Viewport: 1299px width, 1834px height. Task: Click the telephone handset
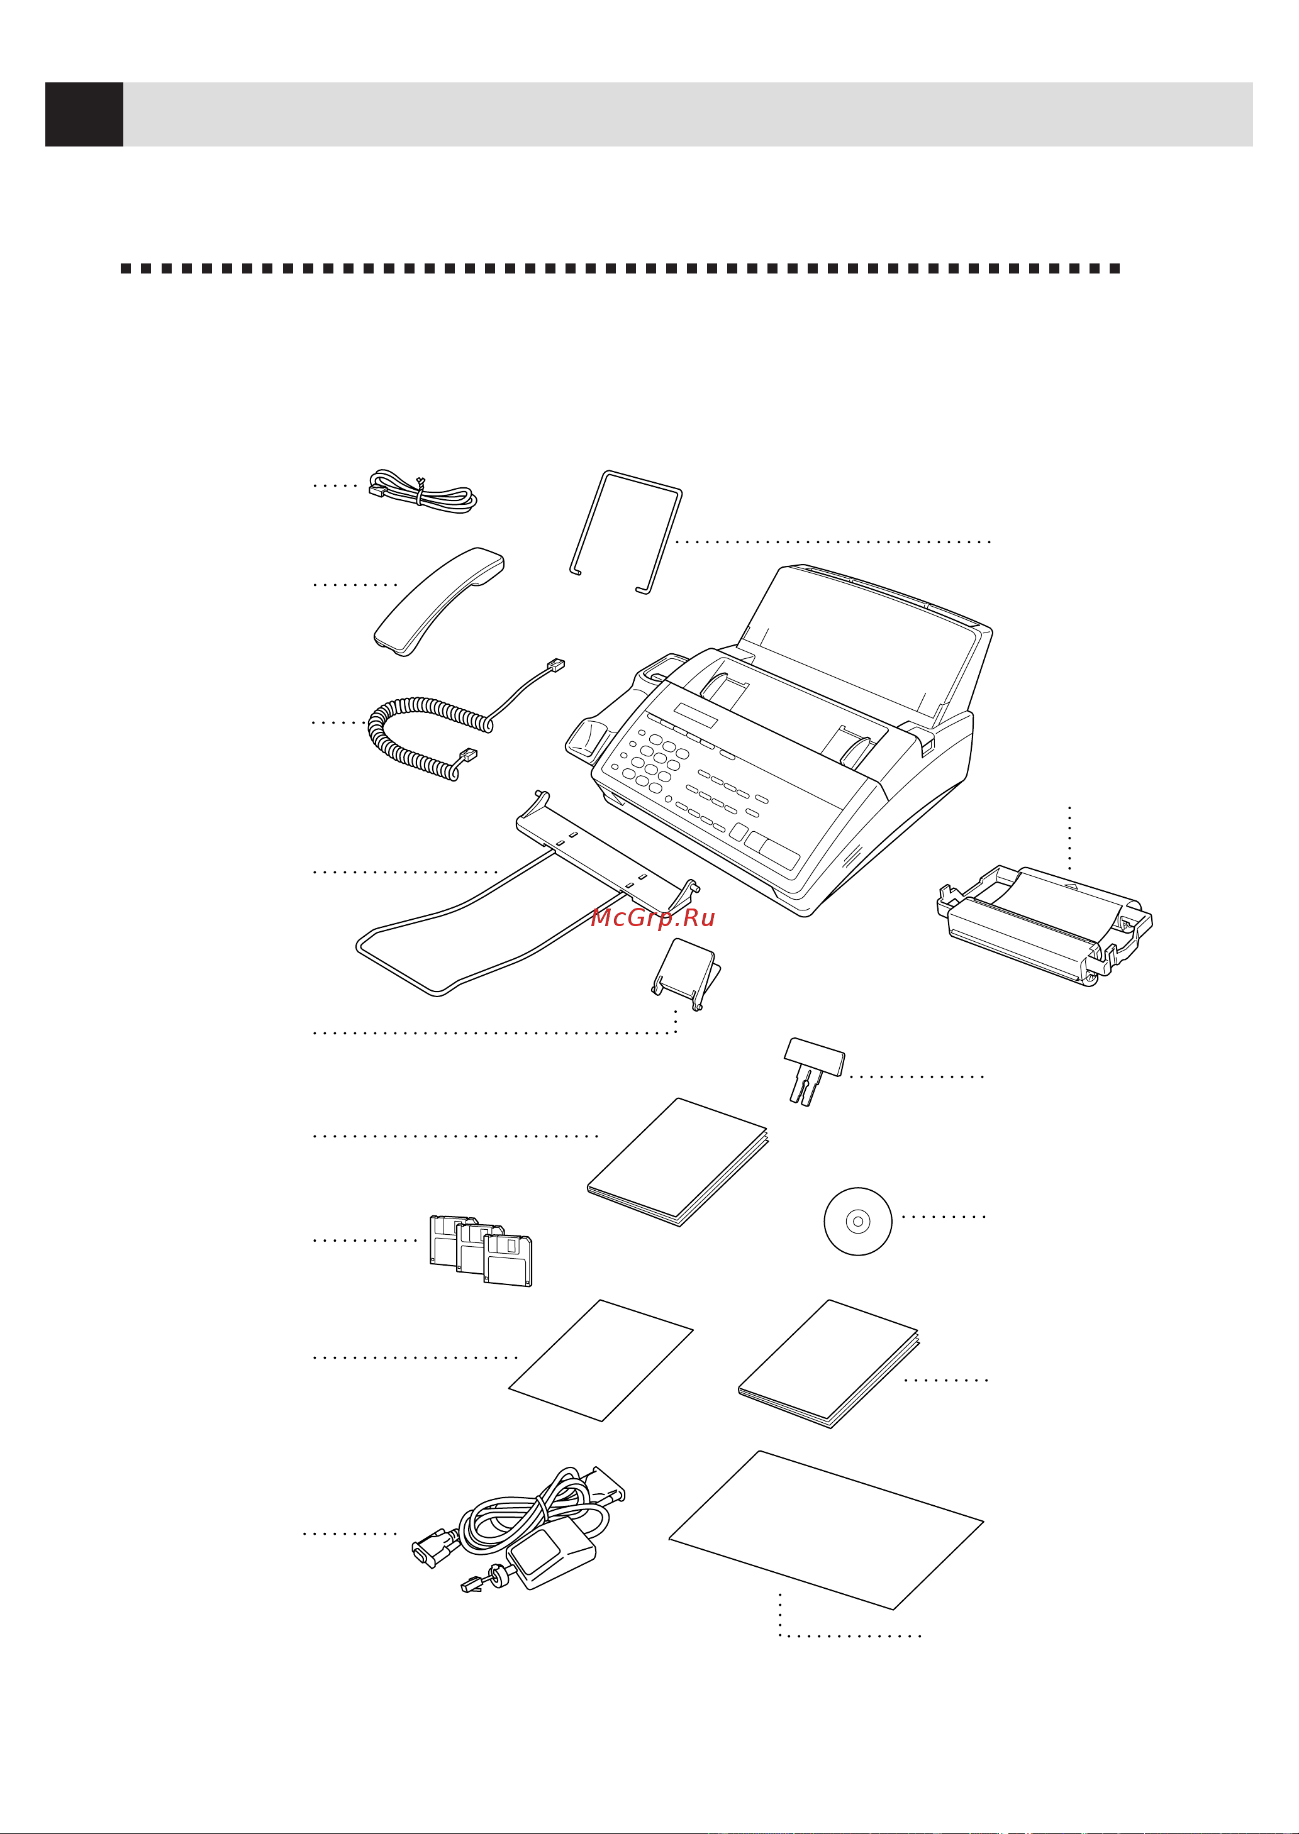point(438,601)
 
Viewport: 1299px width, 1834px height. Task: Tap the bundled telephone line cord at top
point(424,492)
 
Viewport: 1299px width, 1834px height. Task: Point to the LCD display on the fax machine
point(694,714)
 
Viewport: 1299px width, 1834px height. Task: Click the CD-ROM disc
point(857,1221)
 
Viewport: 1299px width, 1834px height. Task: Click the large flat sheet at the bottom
point(824,1531)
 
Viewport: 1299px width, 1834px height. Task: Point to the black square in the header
point(84,114)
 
